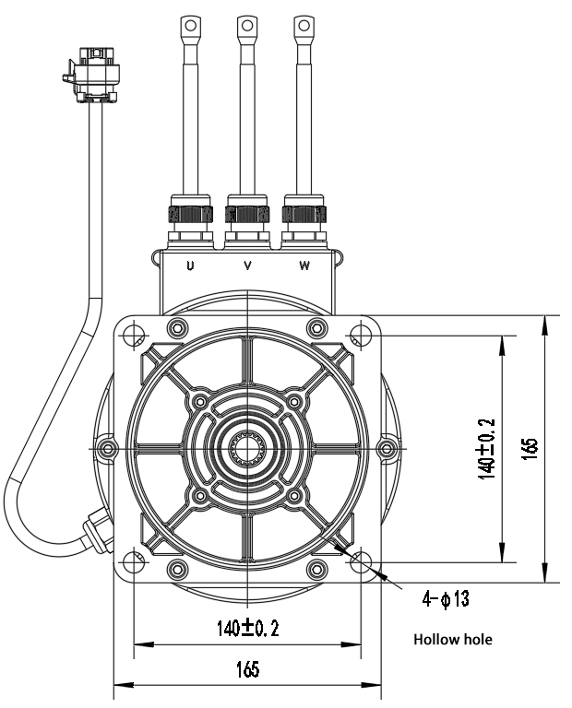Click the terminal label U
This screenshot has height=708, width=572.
(190, 266)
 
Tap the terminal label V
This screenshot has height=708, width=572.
(247, 266)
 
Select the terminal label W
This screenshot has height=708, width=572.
(304, 266)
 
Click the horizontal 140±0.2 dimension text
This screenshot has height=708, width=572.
(247, 629)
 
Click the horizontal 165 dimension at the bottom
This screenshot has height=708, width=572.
(246, 670)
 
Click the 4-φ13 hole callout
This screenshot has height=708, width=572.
(446, 600)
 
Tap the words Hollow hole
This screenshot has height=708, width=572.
(453, 639)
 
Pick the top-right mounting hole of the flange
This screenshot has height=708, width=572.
(361, 334)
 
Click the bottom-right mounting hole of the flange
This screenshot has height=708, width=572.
(361, 560)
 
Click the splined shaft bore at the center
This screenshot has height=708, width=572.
(247, 448)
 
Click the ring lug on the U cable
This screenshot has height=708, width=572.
(190, 27)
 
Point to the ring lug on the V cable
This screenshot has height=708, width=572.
(247, 27)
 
